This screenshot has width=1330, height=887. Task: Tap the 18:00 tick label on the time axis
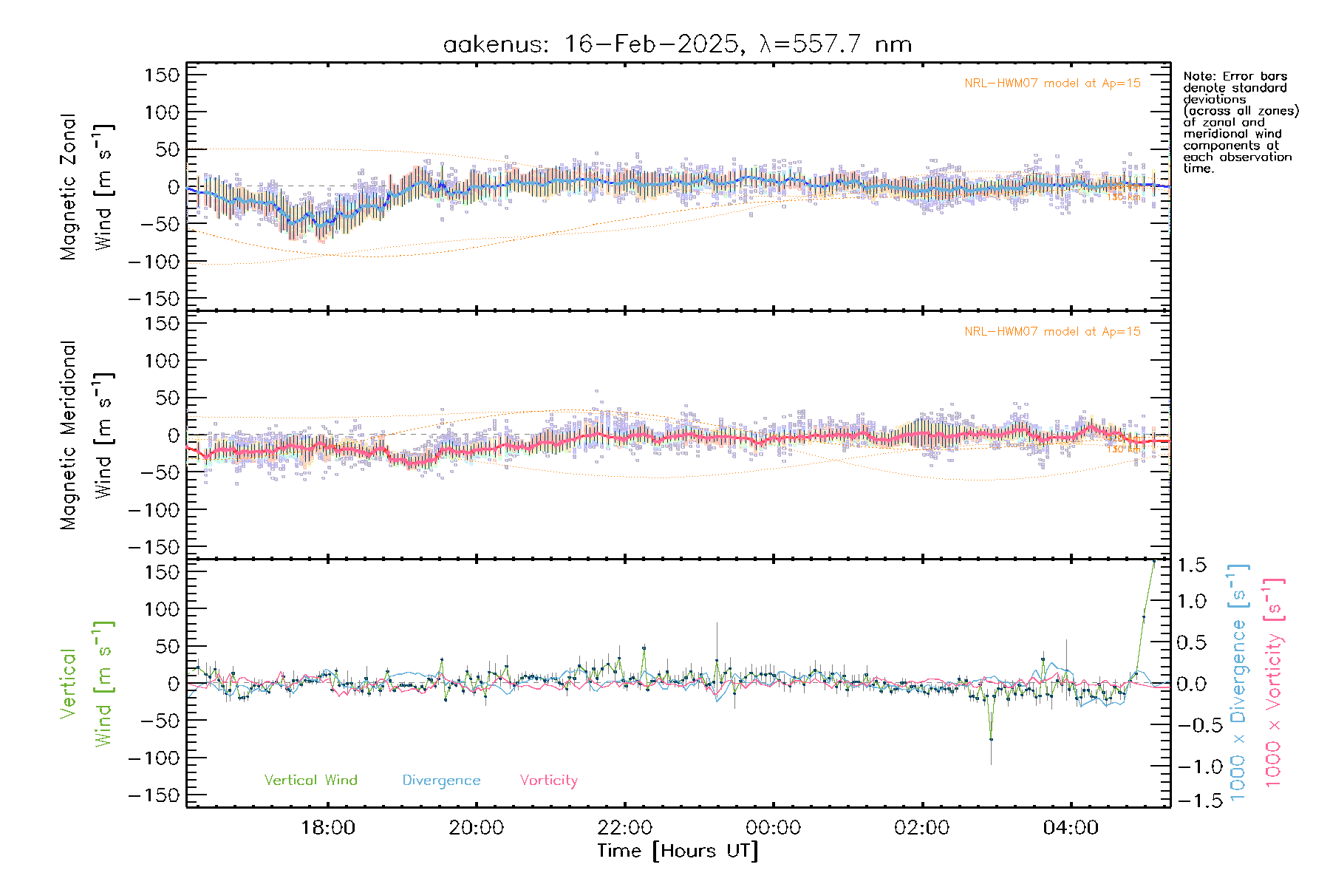(328, 828)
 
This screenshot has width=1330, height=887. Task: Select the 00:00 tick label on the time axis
(774, 828)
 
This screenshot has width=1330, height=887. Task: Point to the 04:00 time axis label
(1071, 828)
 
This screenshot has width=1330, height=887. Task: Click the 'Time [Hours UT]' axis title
(678, 851)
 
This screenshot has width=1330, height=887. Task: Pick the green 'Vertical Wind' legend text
(310, 780)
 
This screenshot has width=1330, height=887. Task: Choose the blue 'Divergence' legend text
(441, 781)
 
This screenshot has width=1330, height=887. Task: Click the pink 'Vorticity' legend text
(548, 780)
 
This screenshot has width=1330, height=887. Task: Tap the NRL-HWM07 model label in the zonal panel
(1052, 84)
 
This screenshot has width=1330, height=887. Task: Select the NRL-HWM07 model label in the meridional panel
(1052, 332)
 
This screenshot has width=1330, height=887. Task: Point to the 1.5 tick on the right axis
(1192, 565)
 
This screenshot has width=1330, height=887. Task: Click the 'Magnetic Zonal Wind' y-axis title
(86, 186)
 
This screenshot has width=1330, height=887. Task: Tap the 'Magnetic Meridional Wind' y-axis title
(86, 435)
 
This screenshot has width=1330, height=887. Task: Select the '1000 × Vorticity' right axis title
(1274, 683)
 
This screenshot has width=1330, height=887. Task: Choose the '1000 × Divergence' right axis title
(1238, 683)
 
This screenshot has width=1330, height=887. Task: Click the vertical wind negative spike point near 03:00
(991, 738)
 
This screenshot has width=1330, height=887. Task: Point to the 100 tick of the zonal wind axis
(162, 112)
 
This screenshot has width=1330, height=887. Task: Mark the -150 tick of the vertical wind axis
(154, 795)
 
